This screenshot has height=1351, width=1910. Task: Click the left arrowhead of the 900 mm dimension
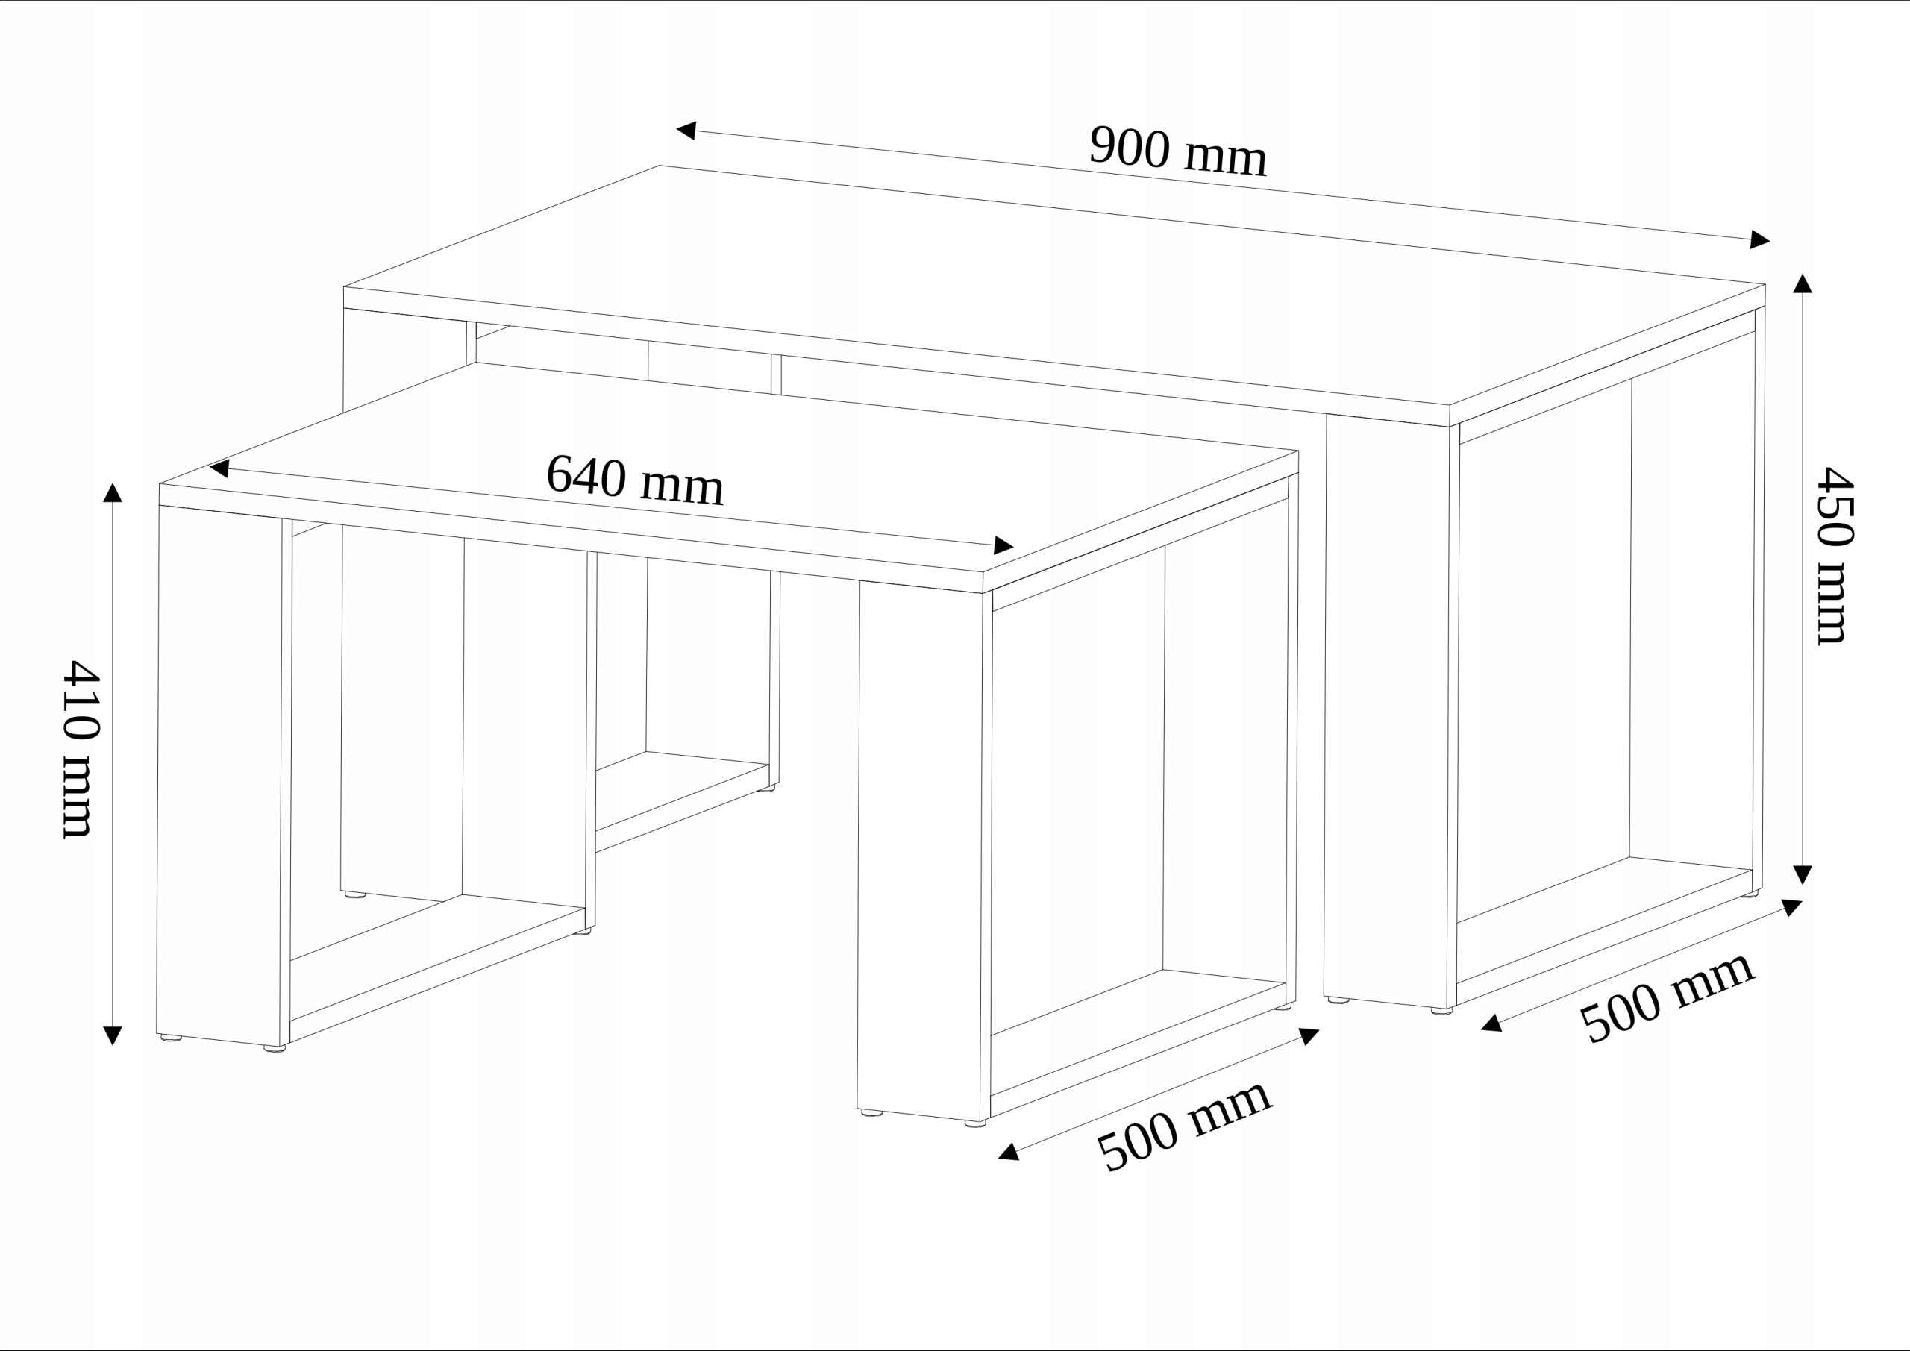point(687,130)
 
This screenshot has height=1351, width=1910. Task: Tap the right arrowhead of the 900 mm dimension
point(1759,239)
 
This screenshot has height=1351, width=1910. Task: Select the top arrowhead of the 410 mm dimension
point(113,492)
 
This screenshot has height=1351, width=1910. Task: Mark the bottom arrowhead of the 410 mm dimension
point(113,1035)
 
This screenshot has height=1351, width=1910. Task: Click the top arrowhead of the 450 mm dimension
point(1803,283)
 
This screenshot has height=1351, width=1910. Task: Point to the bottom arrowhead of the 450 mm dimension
point(1803,874)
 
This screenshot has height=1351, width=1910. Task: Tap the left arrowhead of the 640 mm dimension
point(219,469)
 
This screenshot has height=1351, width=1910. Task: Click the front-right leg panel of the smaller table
point(919,848)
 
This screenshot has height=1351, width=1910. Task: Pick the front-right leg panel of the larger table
point(1387,707)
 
